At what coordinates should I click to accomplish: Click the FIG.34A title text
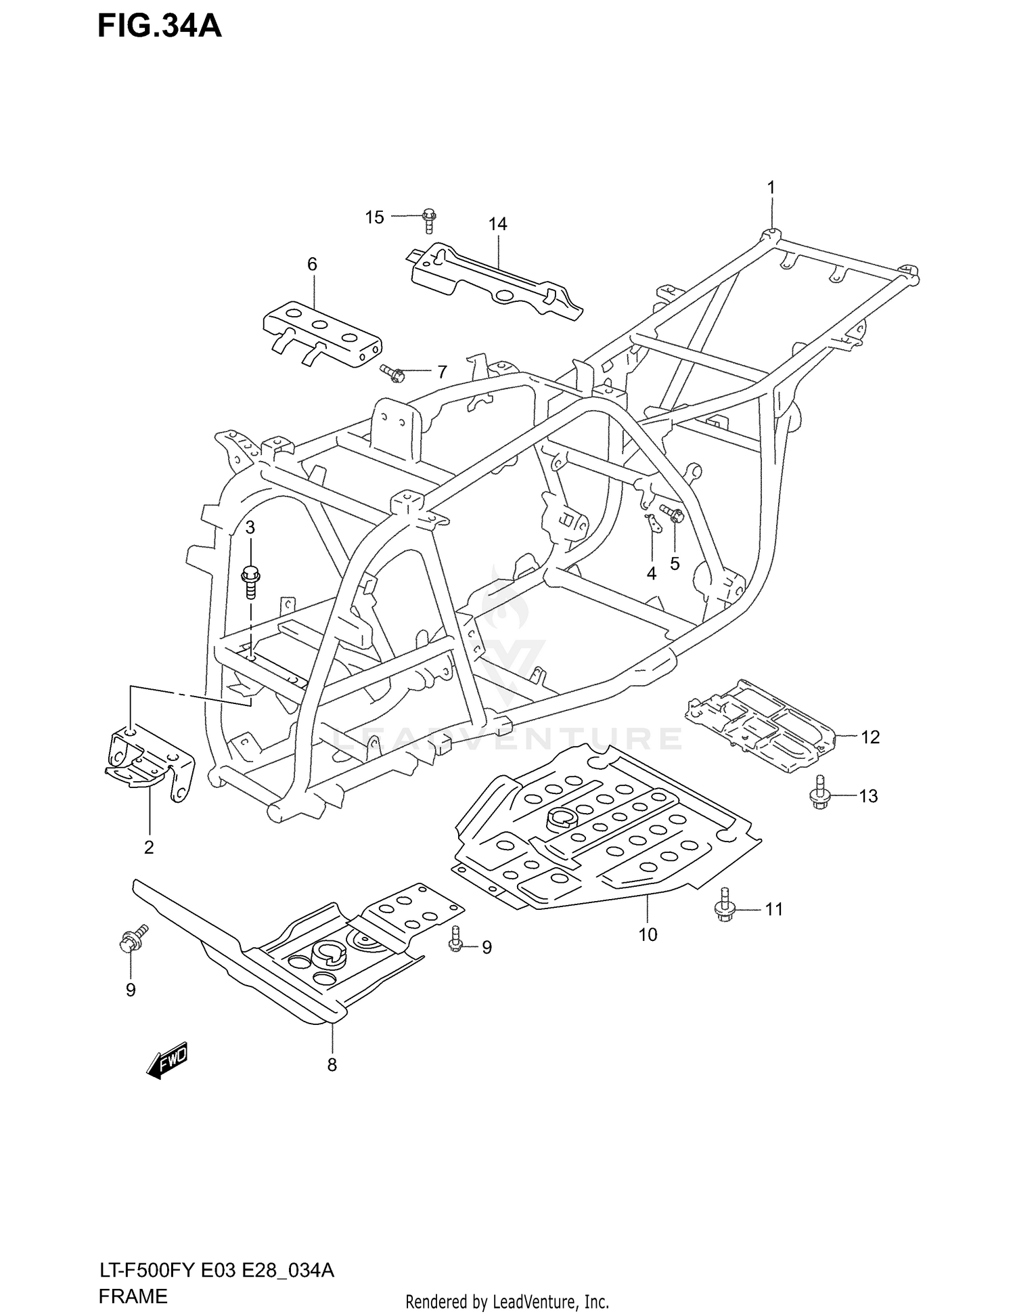[x=160, y=26]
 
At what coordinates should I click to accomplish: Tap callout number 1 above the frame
[x=770, y=188]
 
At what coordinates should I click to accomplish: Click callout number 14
[x=497, y=224]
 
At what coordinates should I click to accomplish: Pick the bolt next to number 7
[x=392, y=372]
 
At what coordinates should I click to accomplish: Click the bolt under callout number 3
[x=250, y=582]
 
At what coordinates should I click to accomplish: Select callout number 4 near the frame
[x=651, y=574]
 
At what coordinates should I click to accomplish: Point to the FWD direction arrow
[x=166, y=1061]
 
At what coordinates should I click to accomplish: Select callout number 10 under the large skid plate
[x=648, y=935]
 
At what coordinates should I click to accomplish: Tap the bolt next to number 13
[x=820, y=793]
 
